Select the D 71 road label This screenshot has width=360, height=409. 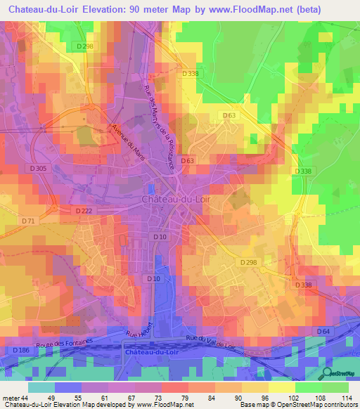point(28,221)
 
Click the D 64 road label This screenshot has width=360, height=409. point(323,331)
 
